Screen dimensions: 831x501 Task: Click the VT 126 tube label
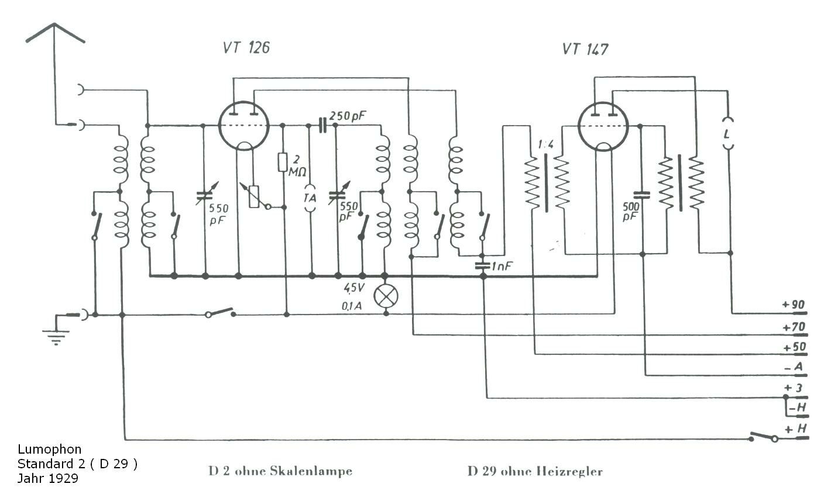point(246,48)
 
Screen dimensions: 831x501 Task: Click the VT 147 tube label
point(585,49)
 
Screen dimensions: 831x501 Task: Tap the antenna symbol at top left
point(55,33)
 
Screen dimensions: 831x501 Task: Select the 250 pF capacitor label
point(347,116)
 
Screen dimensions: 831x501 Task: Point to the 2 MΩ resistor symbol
point(283,162)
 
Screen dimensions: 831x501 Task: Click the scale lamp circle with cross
point(386,296)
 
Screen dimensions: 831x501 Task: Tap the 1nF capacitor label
point(502,266)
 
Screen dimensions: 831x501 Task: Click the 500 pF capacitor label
point(630,212)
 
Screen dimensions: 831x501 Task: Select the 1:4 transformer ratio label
point(546,144)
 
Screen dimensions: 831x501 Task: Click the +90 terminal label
point(793,305)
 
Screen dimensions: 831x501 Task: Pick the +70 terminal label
point(794,327)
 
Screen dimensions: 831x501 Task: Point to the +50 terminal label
point(794,348)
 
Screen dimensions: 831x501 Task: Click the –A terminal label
point(794,368)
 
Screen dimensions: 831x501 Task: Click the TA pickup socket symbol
point(310,198)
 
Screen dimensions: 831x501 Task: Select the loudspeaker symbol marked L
point(727,134)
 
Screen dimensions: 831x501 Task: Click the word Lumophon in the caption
point(49,449)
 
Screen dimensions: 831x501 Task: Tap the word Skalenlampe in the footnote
point(311,471)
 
